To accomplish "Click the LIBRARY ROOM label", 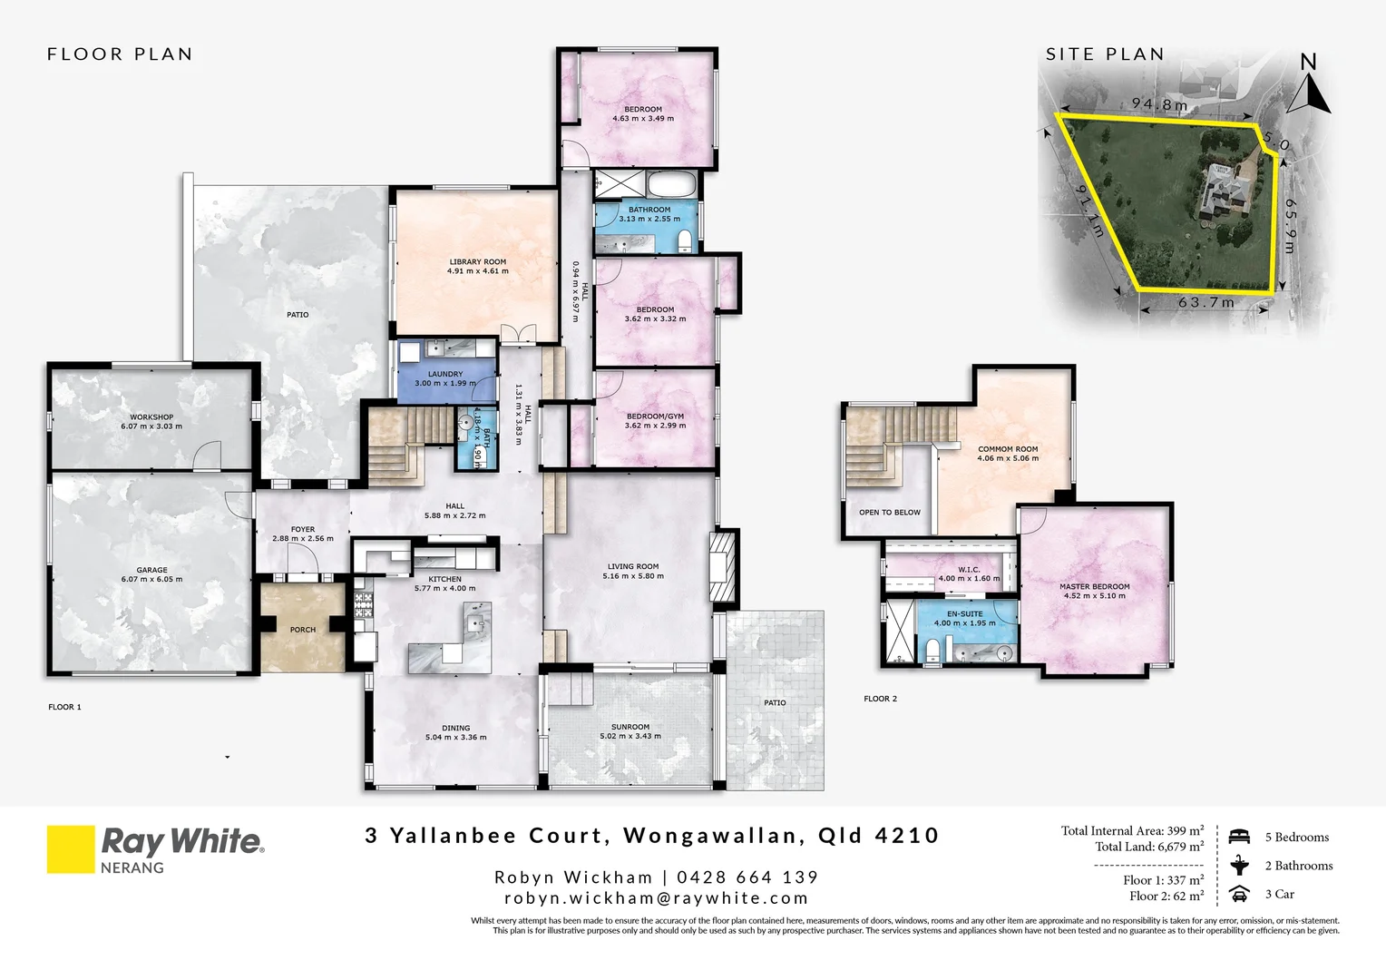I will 478,262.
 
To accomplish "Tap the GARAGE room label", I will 151,571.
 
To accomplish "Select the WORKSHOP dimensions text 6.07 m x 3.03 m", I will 151,426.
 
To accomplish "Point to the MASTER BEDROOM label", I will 1095,587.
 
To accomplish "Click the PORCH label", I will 303,630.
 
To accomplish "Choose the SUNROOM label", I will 630,727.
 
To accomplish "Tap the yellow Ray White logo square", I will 71,848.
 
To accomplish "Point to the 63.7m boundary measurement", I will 1206,303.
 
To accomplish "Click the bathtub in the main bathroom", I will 672,185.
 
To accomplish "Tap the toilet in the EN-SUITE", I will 933,648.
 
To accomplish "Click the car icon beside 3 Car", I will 1239,895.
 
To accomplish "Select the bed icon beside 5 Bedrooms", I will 1239,837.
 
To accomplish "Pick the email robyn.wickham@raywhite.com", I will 656,898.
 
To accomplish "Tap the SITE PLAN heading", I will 1105,54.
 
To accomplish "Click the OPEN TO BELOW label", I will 890,513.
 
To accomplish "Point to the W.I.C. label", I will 969,571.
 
